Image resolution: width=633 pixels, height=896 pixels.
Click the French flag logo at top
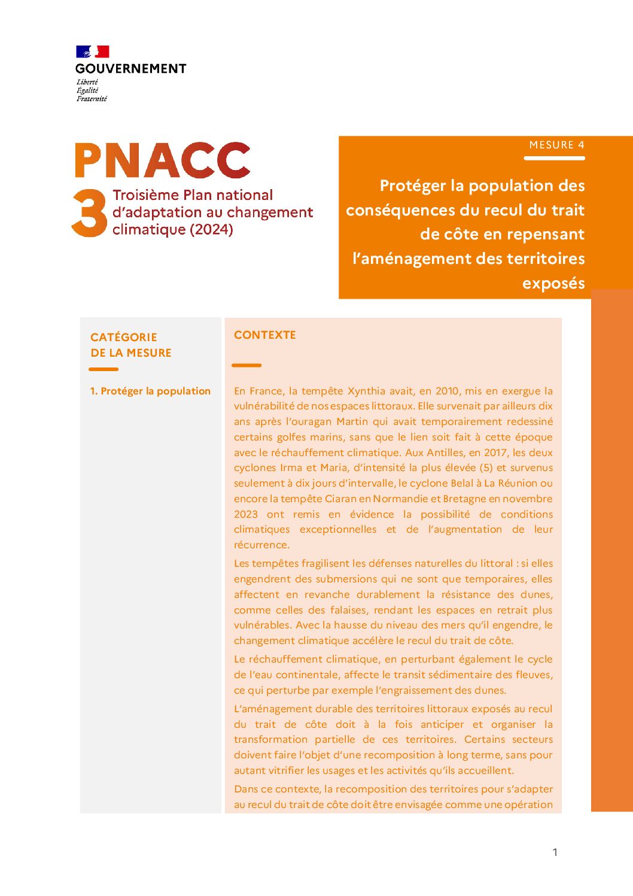pyautogui.click(x=92, y=52)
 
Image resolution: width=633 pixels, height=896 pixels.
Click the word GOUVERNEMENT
pyautogui.click(x=130, y=69)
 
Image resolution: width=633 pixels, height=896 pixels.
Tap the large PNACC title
pyautogui.click(x=162, y=160)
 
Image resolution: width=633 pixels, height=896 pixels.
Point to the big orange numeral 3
pyautogui.click(x=89, y=214)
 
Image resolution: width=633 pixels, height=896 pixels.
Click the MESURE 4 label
pyautogui.click(x=556, y=145)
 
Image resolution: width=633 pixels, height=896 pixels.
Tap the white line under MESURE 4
pyautogui.click(x=554, y=159)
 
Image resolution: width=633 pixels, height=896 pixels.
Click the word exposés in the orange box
pyautogui.click(x=553, y=283)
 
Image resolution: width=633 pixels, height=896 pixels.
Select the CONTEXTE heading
pyautogui.click(x=265, y=335)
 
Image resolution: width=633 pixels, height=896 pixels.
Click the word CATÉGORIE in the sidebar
pyautogui.click(x=124, y=338)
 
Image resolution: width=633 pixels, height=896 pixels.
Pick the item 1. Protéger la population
pyautogui.click(x=150, y=391)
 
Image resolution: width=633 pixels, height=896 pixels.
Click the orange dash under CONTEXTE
pyautogui.click(x=246, y=365)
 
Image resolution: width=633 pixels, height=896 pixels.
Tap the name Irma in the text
pyautogui.click(x=291, y=468)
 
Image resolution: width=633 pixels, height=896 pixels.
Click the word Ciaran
pyautogui.click(x=340, y=499)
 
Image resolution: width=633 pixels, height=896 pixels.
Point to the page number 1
pyautogui.click(x=555, y=852)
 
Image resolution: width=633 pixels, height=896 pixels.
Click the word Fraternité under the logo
pyautogui.click(x=92, y=99)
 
